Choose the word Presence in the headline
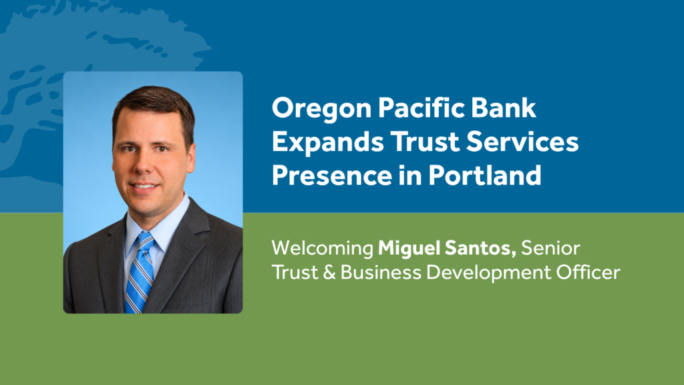pos(332,176)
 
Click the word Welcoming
pos(323,249)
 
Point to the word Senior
pos(550,248)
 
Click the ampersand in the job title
pos(329,273)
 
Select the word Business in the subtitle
pos(381,273)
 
